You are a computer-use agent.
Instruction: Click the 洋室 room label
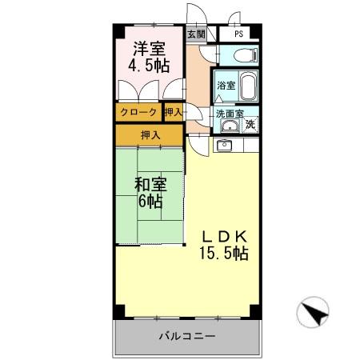point(150,48)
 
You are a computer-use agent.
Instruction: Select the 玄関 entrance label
point(196,34)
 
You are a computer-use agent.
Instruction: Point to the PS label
point(238,34)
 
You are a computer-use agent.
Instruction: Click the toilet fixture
point(245,54)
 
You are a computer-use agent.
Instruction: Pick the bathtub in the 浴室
point(245,84)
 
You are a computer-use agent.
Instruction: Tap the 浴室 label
point(225,85)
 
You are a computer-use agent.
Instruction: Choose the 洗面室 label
point(227,114)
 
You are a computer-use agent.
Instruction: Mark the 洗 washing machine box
point(250,124)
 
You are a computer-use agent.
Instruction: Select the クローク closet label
point(138,113)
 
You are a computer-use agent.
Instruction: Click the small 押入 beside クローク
point(174,113)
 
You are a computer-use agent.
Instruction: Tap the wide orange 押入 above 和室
point(150,134)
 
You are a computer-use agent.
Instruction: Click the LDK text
point(226,237)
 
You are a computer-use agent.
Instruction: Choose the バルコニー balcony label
point(186,337)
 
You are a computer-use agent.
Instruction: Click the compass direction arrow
point(314,312)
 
